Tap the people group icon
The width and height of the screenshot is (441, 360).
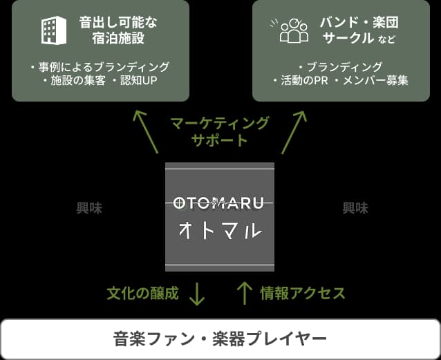click(294, 30)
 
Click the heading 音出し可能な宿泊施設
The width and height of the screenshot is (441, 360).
click(118, 30)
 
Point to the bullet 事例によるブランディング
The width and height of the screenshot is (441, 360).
click(100, 67)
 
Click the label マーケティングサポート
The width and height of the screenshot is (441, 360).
click(220, 131)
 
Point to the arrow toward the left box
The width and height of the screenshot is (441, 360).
click(147, 130)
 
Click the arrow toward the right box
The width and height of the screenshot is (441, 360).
click(294, 130)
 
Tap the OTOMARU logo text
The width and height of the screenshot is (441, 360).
click(220, 202)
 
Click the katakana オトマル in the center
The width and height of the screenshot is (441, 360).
click(220, 229)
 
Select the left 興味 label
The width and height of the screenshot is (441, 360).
click(89, 208)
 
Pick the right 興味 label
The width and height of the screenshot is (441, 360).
click(355, 208)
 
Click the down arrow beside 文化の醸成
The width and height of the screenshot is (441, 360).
click(197, 293)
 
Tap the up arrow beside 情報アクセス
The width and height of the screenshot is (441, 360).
click(244, 293)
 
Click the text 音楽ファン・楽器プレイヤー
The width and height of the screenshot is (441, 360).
click(220, 339)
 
